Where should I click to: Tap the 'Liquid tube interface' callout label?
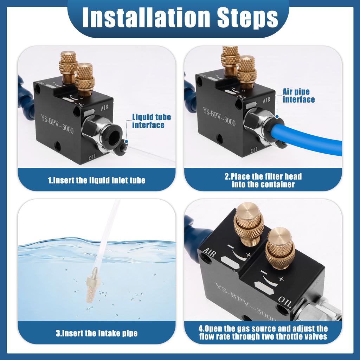tap(148, 121)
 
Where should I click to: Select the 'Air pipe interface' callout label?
tap(298, 96)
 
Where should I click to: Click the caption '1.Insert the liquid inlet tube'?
tap(97, 180)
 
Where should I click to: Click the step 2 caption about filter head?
tap(263, 180)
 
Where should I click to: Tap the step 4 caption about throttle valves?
tap(263, 333)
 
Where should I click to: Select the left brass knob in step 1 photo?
tap(68, 63)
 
